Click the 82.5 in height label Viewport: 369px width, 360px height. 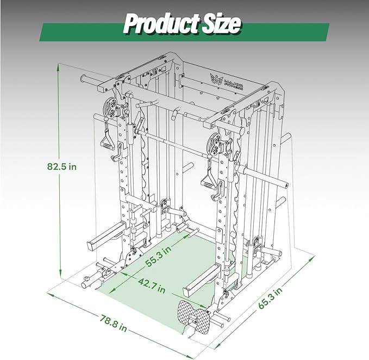click(x=62, y=166)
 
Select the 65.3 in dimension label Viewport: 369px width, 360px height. click(x=270, y=297)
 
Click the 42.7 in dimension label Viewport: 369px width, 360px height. click(x=152, y=285)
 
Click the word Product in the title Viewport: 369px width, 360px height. click(x=162, y=24)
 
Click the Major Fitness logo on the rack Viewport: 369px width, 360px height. click(x=226, y=82)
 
